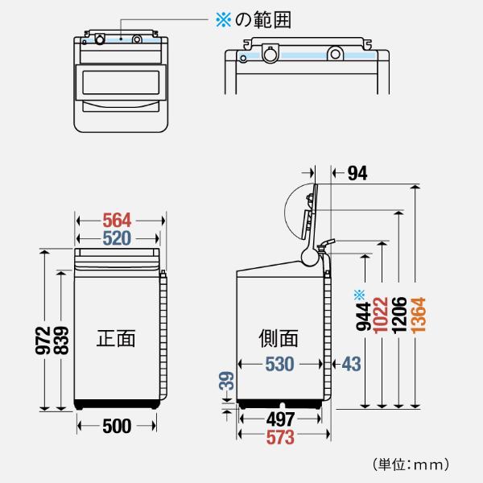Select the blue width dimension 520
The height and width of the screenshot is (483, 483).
click(118, 238)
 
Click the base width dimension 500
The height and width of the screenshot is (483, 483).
click(118, 427)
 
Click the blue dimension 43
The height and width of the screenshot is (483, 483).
click(351, 363)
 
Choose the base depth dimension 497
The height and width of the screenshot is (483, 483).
click(280, 419)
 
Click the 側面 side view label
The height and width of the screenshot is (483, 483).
click(278, 337)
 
